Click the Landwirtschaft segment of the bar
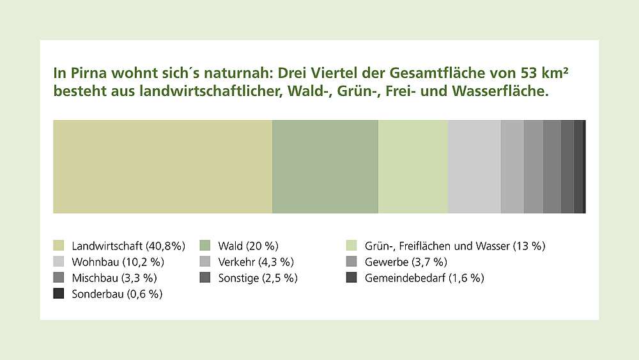point(162,166)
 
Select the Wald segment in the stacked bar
point(325,166)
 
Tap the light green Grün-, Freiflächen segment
point(413,166)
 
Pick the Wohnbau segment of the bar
point(474,166)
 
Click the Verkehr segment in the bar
point(512,166)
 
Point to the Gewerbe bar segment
point(534,166)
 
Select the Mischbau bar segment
point(552,166)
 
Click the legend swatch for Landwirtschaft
point(59,246)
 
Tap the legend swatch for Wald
point(205,246)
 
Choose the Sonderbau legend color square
point(59,294)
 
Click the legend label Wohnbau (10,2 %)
point(118,262)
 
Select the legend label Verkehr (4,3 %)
point(256,262)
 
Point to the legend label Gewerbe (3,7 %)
point(406,262)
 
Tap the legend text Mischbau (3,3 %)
point(114,278)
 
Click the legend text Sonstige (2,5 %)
point(258,278)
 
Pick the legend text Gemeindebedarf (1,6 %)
point(424,278)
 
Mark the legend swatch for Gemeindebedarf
point(351,278)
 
